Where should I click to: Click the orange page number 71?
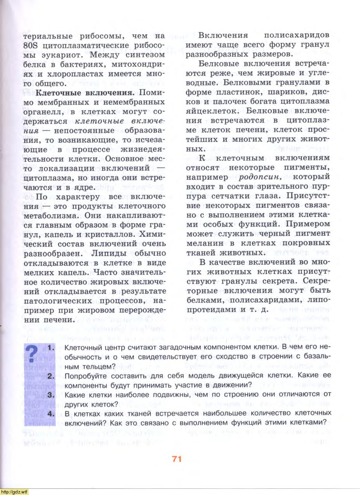[177, 459]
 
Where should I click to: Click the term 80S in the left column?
[33, 45]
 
